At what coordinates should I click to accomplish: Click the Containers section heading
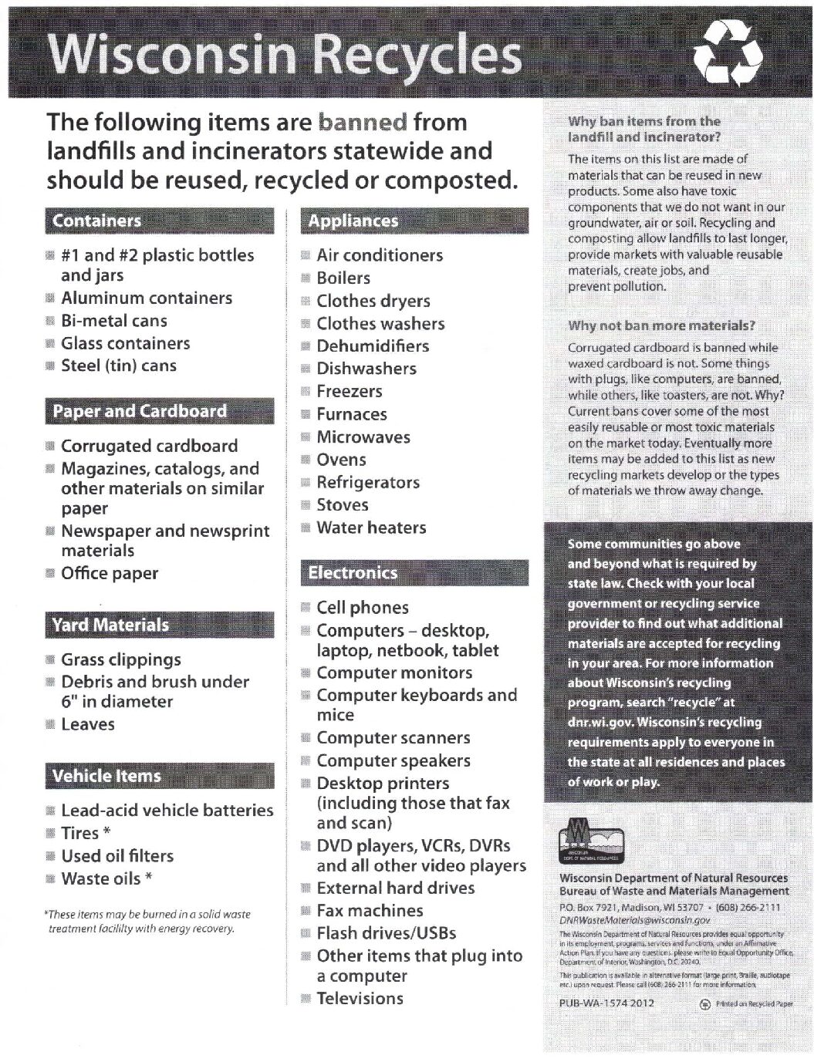click(x=97, y=221)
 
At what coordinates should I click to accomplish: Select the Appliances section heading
click(x=353, y=221)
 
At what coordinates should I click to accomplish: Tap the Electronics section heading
click(x=353, y=572)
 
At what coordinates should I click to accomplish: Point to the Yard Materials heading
click(x=110, y=625)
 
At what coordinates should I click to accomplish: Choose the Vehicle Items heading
click(x=106, y=776)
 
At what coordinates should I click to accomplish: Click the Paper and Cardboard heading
click(x=140, y=411)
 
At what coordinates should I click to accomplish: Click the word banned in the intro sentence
click(x=362, y=122)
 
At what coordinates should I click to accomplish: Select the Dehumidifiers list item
click(x=373, y=346)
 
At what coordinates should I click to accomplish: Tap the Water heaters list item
click(x=371, y=528)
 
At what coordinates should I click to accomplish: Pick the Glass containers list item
click(x=125, y=343)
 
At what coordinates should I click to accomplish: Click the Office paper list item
click(x=110, y=573)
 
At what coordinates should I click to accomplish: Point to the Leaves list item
click(x=88, y=724)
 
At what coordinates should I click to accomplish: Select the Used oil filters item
click(x=117, y=855)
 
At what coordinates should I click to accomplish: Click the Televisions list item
click(x=360, y=998)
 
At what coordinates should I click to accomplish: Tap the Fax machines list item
click(x=370, y=910)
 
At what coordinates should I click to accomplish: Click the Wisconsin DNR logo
click(x=591, y=843)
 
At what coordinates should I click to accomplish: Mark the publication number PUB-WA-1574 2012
click(x=606, y=1003)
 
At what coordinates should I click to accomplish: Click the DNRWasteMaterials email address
click(x=634, y=920)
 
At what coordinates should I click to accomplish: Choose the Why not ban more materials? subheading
click(x=661, y=325)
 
